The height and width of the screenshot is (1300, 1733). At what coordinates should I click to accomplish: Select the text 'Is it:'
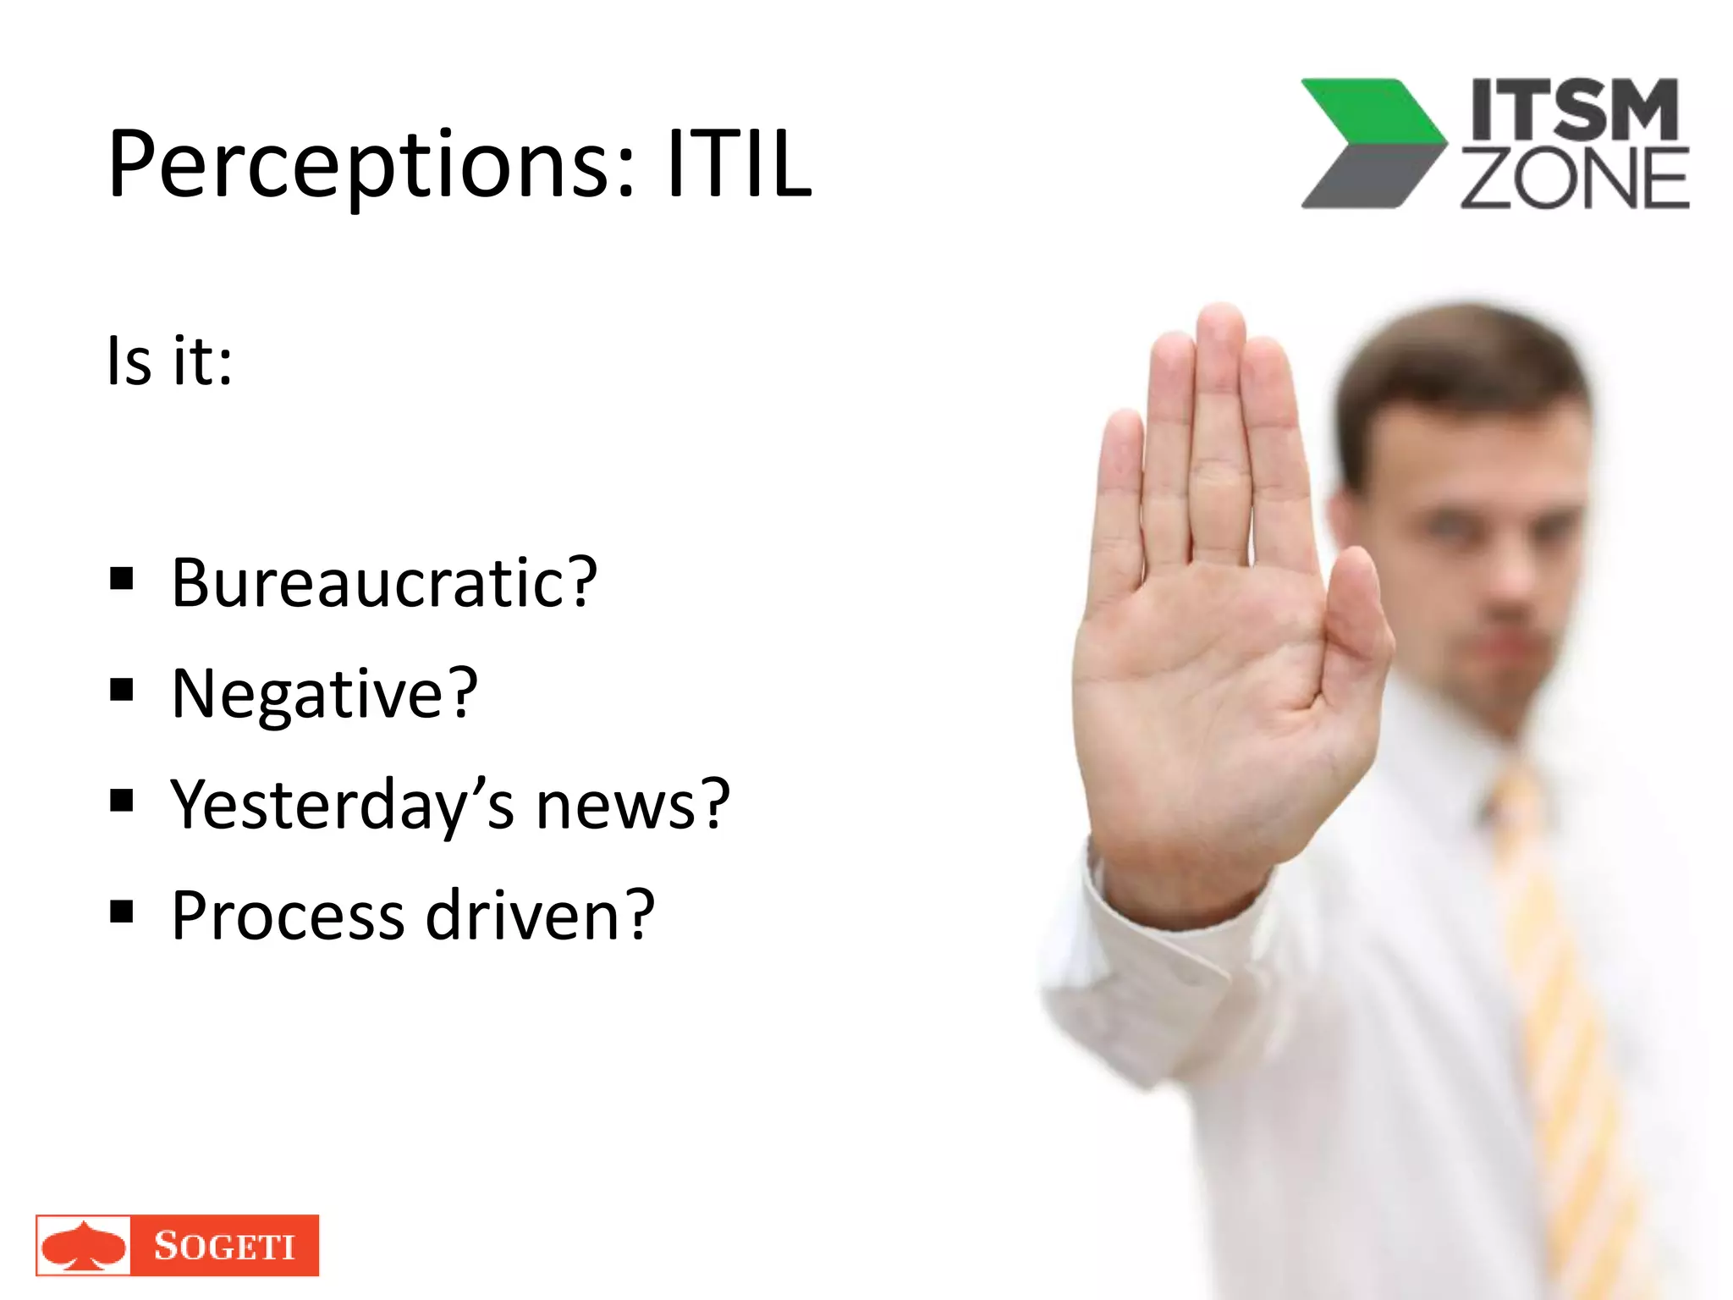tap(169, 362)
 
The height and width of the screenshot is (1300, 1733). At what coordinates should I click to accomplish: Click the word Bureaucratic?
tap(384, 583)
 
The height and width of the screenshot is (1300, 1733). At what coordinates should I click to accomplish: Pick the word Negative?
tap(325, 694)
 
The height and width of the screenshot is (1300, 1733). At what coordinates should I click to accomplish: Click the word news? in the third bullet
tap(633, 805)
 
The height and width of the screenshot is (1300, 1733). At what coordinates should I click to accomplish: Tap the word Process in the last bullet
tap(288, 916)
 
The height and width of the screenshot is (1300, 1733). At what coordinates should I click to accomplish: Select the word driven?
tap(540, 916)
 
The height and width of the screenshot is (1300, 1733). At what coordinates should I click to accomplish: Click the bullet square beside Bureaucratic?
tap(122, 580)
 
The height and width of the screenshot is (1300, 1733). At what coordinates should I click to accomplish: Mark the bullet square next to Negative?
tap(122, 691)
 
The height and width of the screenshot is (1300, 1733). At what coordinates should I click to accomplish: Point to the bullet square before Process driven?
tap(122, 912)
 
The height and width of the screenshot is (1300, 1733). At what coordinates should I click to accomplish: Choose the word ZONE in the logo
tap(1575, 179)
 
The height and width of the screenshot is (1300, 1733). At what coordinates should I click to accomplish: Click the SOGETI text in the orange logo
tap(224, 1246)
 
